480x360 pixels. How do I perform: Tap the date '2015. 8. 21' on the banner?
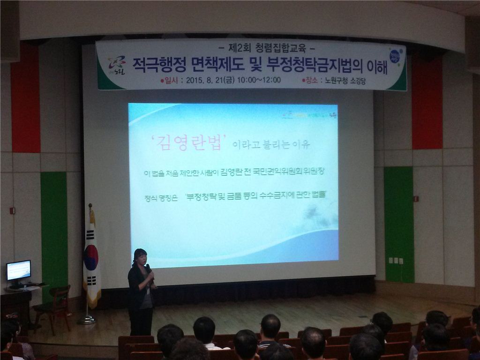point(204,80)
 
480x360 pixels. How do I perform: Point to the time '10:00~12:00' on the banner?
point(259,80)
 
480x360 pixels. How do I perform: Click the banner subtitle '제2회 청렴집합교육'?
point(265,48)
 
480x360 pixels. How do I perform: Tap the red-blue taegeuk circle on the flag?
point(91,257)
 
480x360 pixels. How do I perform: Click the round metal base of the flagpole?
point(87,321)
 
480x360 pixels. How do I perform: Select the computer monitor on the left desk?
point(19,270)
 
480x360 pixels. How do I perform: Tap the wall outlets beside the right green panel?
point(396,261)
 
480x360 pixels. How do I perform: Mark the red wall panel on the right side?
point(427,103)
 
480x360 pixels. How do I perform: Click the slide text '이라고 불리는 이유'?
point(271,144)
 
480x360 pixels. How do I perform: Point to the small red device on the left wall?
point(12,210)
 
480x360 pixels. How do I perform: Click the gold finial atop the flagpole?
point(90,206)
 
